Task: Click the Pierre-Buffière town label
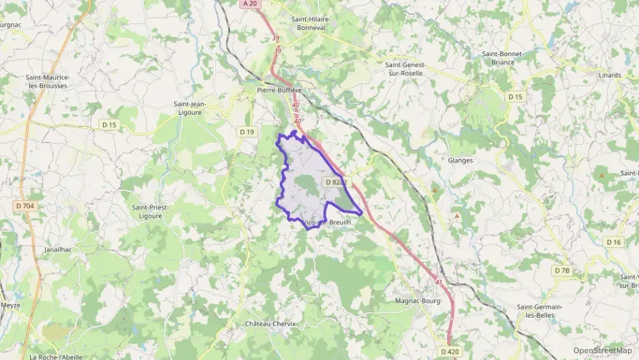[x=279, y=89]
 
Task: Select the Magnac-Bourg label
[x=418, y=301]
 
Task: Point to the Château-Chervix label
[x=270, y=324]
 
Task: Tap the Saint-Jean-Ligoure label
[x=190, y=109]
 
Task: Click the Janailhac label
[x=58, y=250]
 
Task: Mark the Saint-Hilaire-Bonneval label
[x=316, y=24]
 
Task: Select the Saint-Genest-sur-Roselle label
[x=405, y=68]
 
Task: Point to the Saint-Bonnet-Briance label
[x=502, y=57]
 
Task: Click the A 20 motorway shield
[x=251, y=3]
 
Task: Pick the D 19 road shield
[x=247, y=131]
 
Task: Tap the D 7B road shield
[x=561, y=271]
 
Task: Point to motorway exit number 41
[x=438, y=281]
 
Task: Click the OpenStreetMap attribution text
[x=602, y=350]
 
